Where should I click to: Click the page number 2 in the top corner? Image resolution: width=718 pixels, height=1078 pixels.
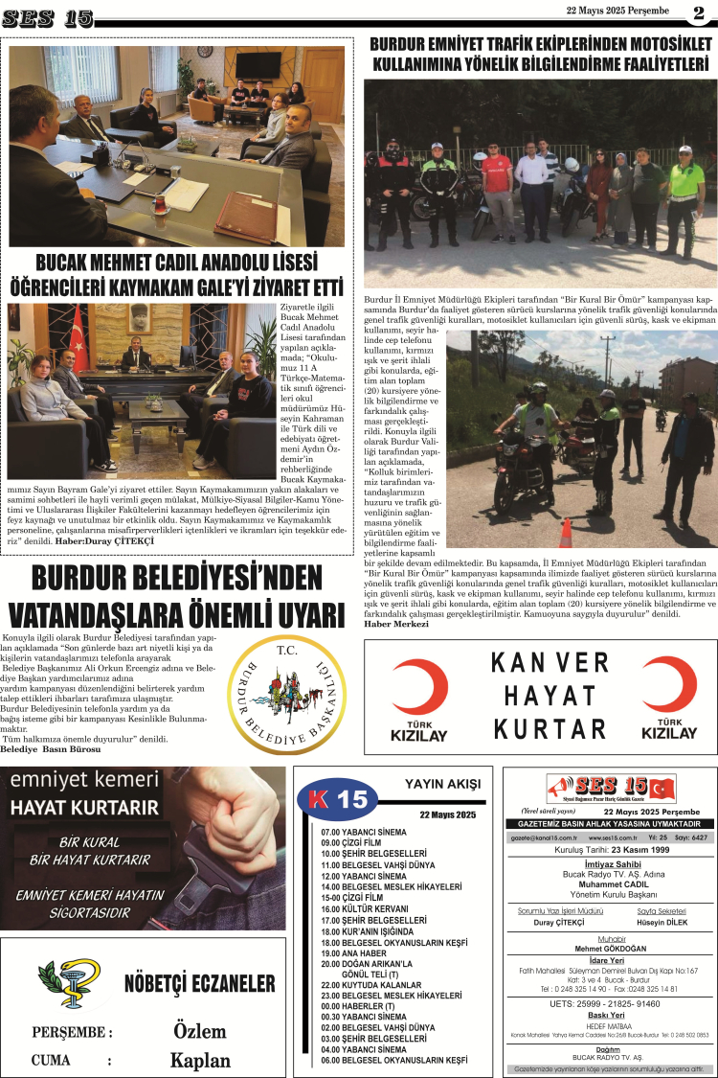click(698, 12)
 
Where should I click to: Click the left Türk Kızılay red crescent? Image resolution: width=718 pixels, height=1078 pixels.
click(418, 686)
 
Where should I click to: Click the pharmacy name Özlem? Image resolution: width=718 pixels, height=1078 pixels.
click(200, 1031)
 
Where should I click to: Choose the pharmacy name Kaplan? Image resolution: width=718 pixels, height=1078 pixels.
click(200, 1060)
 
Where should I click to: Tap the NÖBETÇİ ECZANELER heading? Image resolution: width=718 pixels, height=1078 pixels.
click(199, 985)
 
